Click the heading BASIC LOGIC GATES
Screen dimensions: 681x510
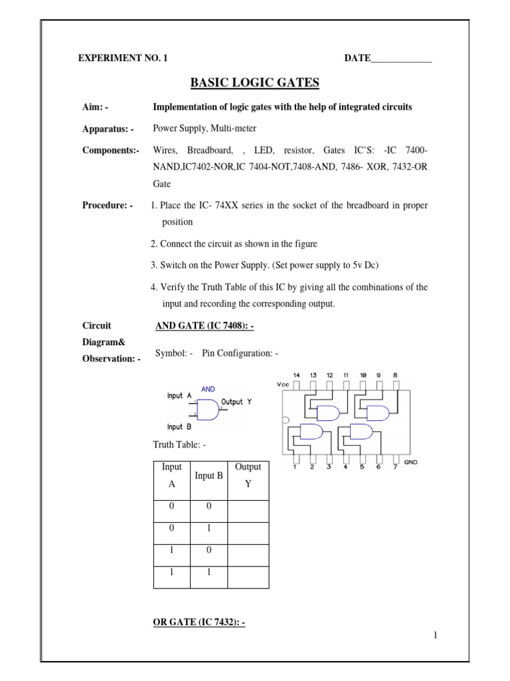coord(255,82)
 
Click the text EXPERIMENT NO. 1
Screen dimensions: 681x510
coord(123,59)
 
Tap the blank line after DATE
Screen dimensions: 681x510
coord(401,59)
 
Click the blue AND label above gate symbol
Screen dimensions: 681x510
coord(208,388)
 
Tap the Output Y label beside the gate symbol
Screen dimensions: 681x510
coord(236,402)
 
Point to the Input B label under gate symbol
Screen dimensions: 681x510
coord(179,427)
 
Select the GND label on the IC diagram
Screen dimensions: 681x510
coord(410,462)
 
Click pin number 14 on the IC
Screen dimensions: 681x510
coord(296,375)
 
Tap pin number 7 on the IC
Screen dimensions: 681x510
coord(395,467)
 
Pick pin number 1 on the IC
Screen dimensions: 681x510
coord(296,467)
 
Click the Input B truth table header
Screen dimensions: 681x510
coord(209,476)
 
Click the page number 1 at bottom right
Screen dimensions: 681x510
coord(435,636)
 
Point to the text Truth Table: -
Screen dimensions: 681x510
coord(175,444)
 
